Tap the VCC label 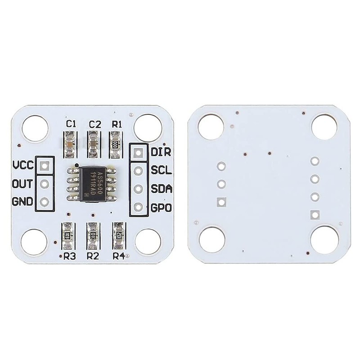(x=23, y=165)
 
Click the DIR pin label (x=161, y=152)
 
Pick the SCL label (x=160, y=170)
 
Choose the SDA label (x=161, y=189)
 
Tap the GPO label (x=161, y=208)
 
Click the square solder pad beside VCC (x=45, y=166)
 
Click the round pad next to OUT (x=45, y=184)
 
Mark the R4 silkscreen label (x=119, y=256)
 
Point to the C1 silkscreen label (x=71, y=124)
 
